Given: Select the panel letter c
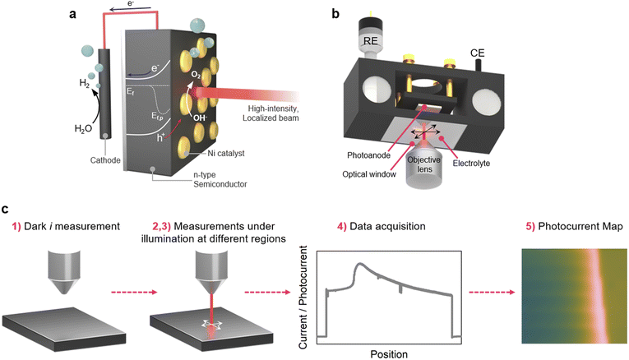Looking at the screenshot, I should point(7,210).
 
